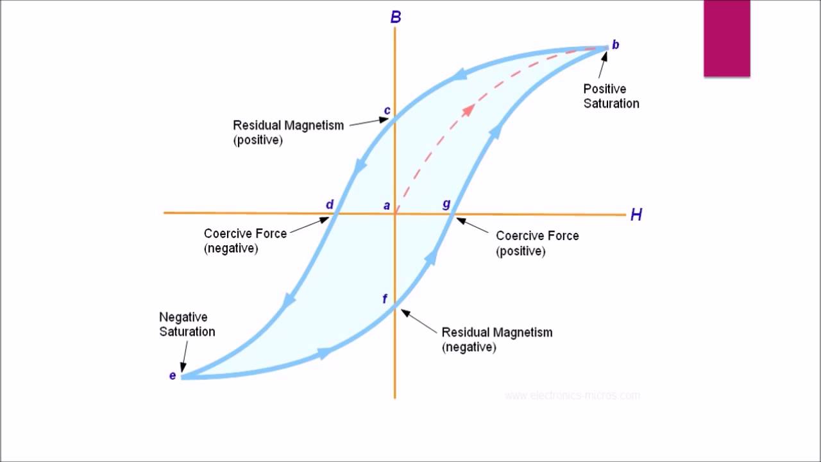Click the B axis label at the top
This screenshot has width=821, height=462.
(x=396, y=17)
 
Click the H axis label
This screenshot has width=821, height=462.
(x=636, y=215)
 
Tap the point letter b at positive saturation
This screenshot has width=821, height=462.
(x=615, y=45)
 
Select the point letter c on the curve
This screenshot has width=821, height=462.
(x=387, y=110)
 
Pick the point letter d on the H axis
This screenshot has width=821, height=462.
(x=330, y=205)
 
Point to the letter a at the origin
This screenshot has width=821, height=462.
(x=387, y=205)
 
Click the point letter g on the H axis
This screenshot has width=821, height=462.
(x=446, y=204)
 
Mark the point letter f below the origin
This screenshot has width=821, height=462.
(x=385, y=299)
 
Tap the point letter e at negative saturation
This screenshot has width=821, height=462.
(x=173, y=375)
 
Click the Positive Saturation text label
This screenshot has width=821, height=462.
(x=611, y=96)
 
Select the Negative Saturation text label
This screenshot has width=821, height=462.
(x=187, y=324)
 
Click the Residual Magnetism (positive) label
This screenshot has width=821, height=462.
(x=288, y=132)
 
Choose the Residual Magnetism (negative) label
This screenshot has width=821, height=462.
(x=496, y=339)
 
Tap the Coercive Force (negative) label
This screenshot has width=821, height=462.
(x=245, y=241)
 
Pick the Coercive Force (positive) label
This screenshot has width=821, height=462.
(x=537, y=243)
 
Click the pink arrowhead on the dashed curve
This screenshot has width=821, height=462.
(x=468, y=109)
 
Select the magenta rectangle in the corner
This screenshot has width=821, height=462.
(x=727, y=38)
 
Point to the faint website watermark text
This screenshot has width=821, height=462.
(x=572, y=395)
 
